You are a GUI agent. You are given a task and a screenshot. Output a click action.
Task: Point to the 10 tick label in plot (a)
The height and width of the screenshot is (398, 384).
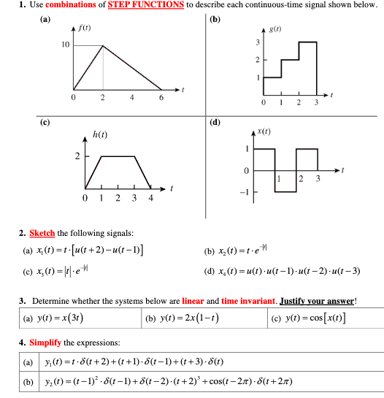pyautogui.click(x=65, y=45)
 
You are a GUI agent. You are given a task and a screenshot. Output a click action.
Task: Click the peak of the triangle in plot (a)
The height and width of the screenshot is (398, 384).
pyautogui.click(x=103, y=45)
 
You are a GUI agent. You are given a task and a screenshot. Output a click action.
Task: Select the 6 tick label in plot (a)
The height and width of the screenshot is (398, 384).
pyautogui.click(x=160, y=97)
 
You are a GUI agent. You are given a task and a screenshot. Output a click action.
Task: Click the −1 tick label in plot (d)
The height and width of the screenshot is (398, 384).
pyautogui.click(x=247, y=191)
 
